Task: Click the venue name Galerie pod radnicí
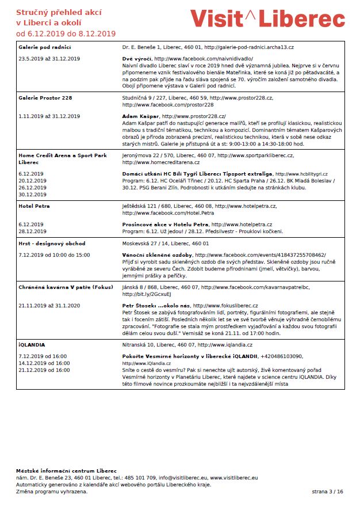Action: pyautogui.click(x=44, y=47)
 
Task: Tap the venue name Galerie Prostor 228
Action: pyautogui.click(x=45, y=98)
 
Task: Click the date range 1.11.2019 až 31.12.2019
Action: pyautogui.click(x=49, y=116)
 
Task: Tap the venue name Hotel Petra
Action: pyautogui.click(x=34, y=205)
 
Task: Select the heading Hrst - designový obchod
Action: pyautogui.click(x=52, y=243)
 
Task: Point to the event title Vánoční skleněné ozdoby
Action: pyautogui.click(x=158, y=255)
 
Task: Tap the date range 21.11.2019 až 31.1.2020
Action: pyautogui.click(x=49, y=305)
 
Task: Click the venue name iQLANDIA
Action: pyautogui.click(x=32, y=345)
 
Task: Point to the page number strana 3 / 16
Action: pyautogui.click(x=327, y=492)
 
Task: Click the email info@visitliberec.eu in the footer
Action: pyautogui.click(x=183, y=477)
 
